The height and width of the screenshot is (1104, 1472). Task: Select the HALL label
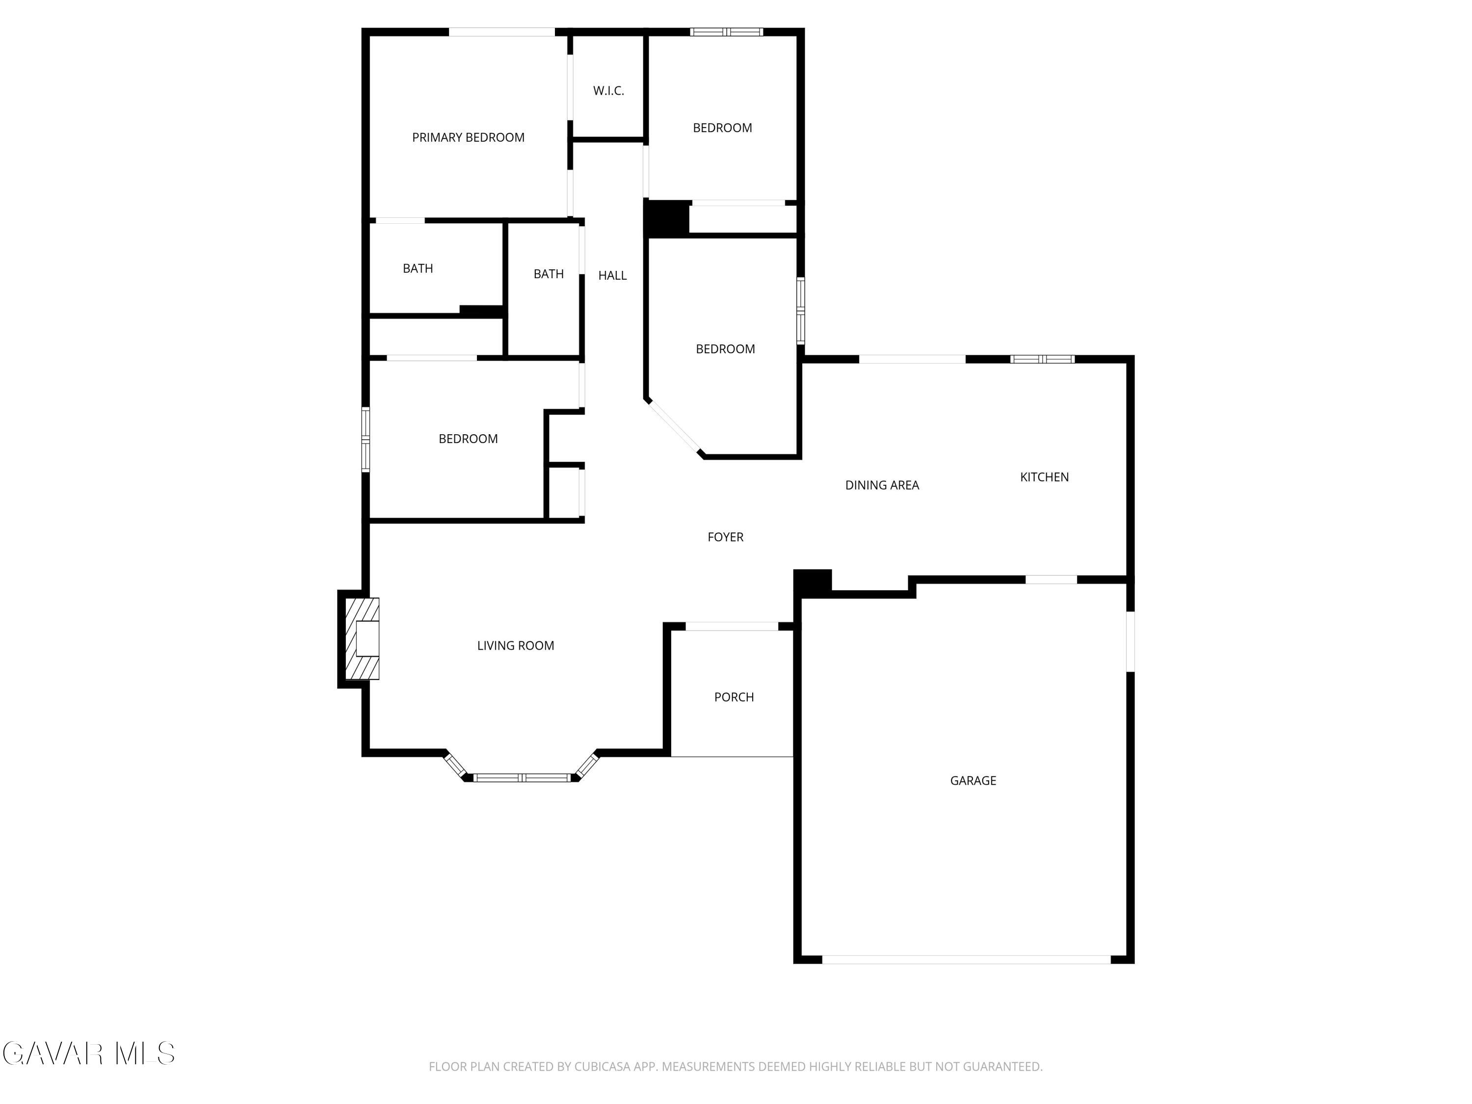tap(612, 275)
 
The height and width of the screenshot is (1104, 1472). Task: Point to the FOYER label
tap(725, 537)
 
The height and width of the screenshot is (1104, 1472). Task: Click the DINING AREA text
tap(882, 486)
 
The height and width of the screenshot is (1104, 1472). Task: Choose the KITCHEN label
tap(1044, 477)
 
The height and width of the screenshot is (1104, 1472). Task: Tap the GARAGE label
tap(973, 781)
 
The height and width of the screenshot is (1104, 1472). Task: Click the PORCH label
tap(734, 697)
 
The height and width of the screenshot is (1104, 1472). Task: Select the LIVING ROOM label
tap(515, 646)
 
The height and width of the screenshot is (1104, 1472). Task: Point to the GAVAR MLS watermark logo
tap(88, 1053)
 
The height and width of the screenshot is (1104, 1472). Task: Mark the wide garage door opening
tap(966, 960)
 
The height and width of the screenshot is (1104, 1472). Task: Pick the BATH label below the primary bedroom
tap(418, 269)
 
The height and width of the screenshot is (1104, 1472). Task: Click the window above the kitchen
tap(1042, 359)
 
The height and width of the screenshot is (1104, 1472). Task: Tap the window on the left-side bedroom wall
tap(366, 440)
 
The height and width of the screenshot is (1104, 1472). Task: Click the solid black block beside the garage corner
tap(813, 581)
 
